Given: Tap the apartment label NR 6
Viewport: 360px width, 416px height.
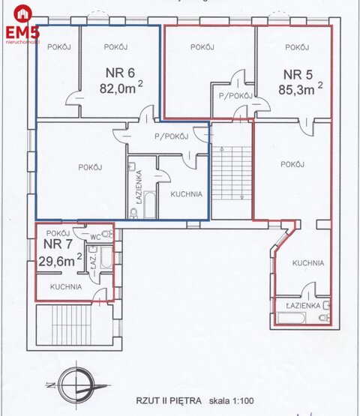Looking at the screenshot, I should [119, 73].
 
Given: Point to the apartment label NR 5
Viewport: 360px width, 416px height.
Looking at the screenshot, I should [298, 74].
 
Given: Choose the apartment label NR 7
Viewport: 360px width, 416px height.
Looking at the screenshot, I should [57, 244].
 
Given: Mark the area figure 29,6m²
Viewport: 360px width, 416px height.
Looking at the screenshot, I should [60, 260].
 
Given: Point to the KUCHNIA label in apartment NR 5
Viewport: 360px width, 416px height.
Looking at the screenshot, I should [308, 263].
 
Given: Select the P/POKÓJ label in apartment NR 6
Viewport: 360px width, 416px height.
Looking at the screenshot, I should [170, 136].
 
